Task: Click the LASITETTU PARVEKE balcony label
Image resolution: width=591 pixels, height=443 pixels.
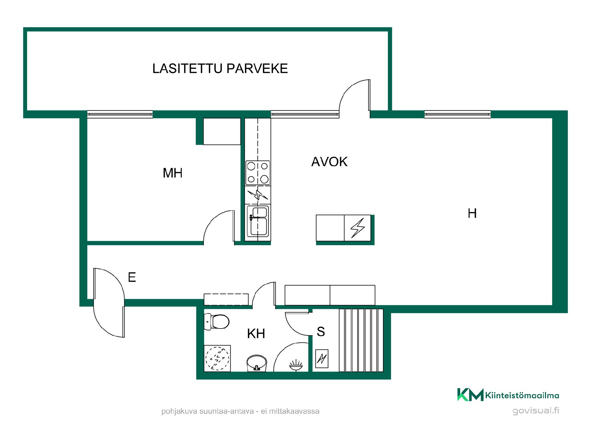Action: tap(220, 68)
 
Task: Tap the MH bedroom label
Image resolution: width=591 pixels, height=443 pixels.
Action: tap(173, 173)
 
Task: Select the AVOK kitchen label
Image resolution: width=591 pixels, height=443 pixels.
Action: tap(329, 162)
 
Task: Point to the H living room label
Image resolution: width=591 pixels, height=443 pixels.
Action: tap(472, 213)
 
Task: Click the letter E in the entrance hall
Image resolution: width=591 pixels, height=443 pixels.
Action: tap(132, 277)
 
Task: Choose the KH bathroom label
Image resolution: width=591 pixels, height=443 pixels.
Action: tap(256, 333)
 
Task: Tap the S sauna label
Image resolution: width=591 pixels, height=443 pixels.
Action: tap(321, 332)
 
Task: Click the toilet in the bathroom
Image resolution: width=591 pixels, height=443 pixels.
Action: tap(217, 321)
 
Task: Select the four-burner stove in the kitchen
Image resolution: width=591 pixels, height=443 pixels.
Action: tap(258, 173)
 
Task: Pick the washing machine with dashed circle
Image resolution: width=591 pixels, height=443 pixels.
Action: tap(217, 358)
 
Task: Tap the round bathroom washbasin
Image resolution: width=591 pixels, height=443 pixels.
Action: tap(257, 363)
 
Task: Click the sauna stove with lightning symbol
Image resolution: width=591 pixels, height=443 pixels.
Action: tap(322, 359)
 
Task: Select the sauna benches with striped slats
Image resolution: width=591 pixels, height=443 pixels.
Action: tap(361, 340)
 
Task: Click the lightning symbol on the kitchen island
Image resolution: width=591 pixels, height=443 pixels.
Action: tap(358, 228)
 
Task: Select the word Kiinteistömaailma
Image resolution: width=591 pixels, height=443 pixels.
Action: tap(522, 395)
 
